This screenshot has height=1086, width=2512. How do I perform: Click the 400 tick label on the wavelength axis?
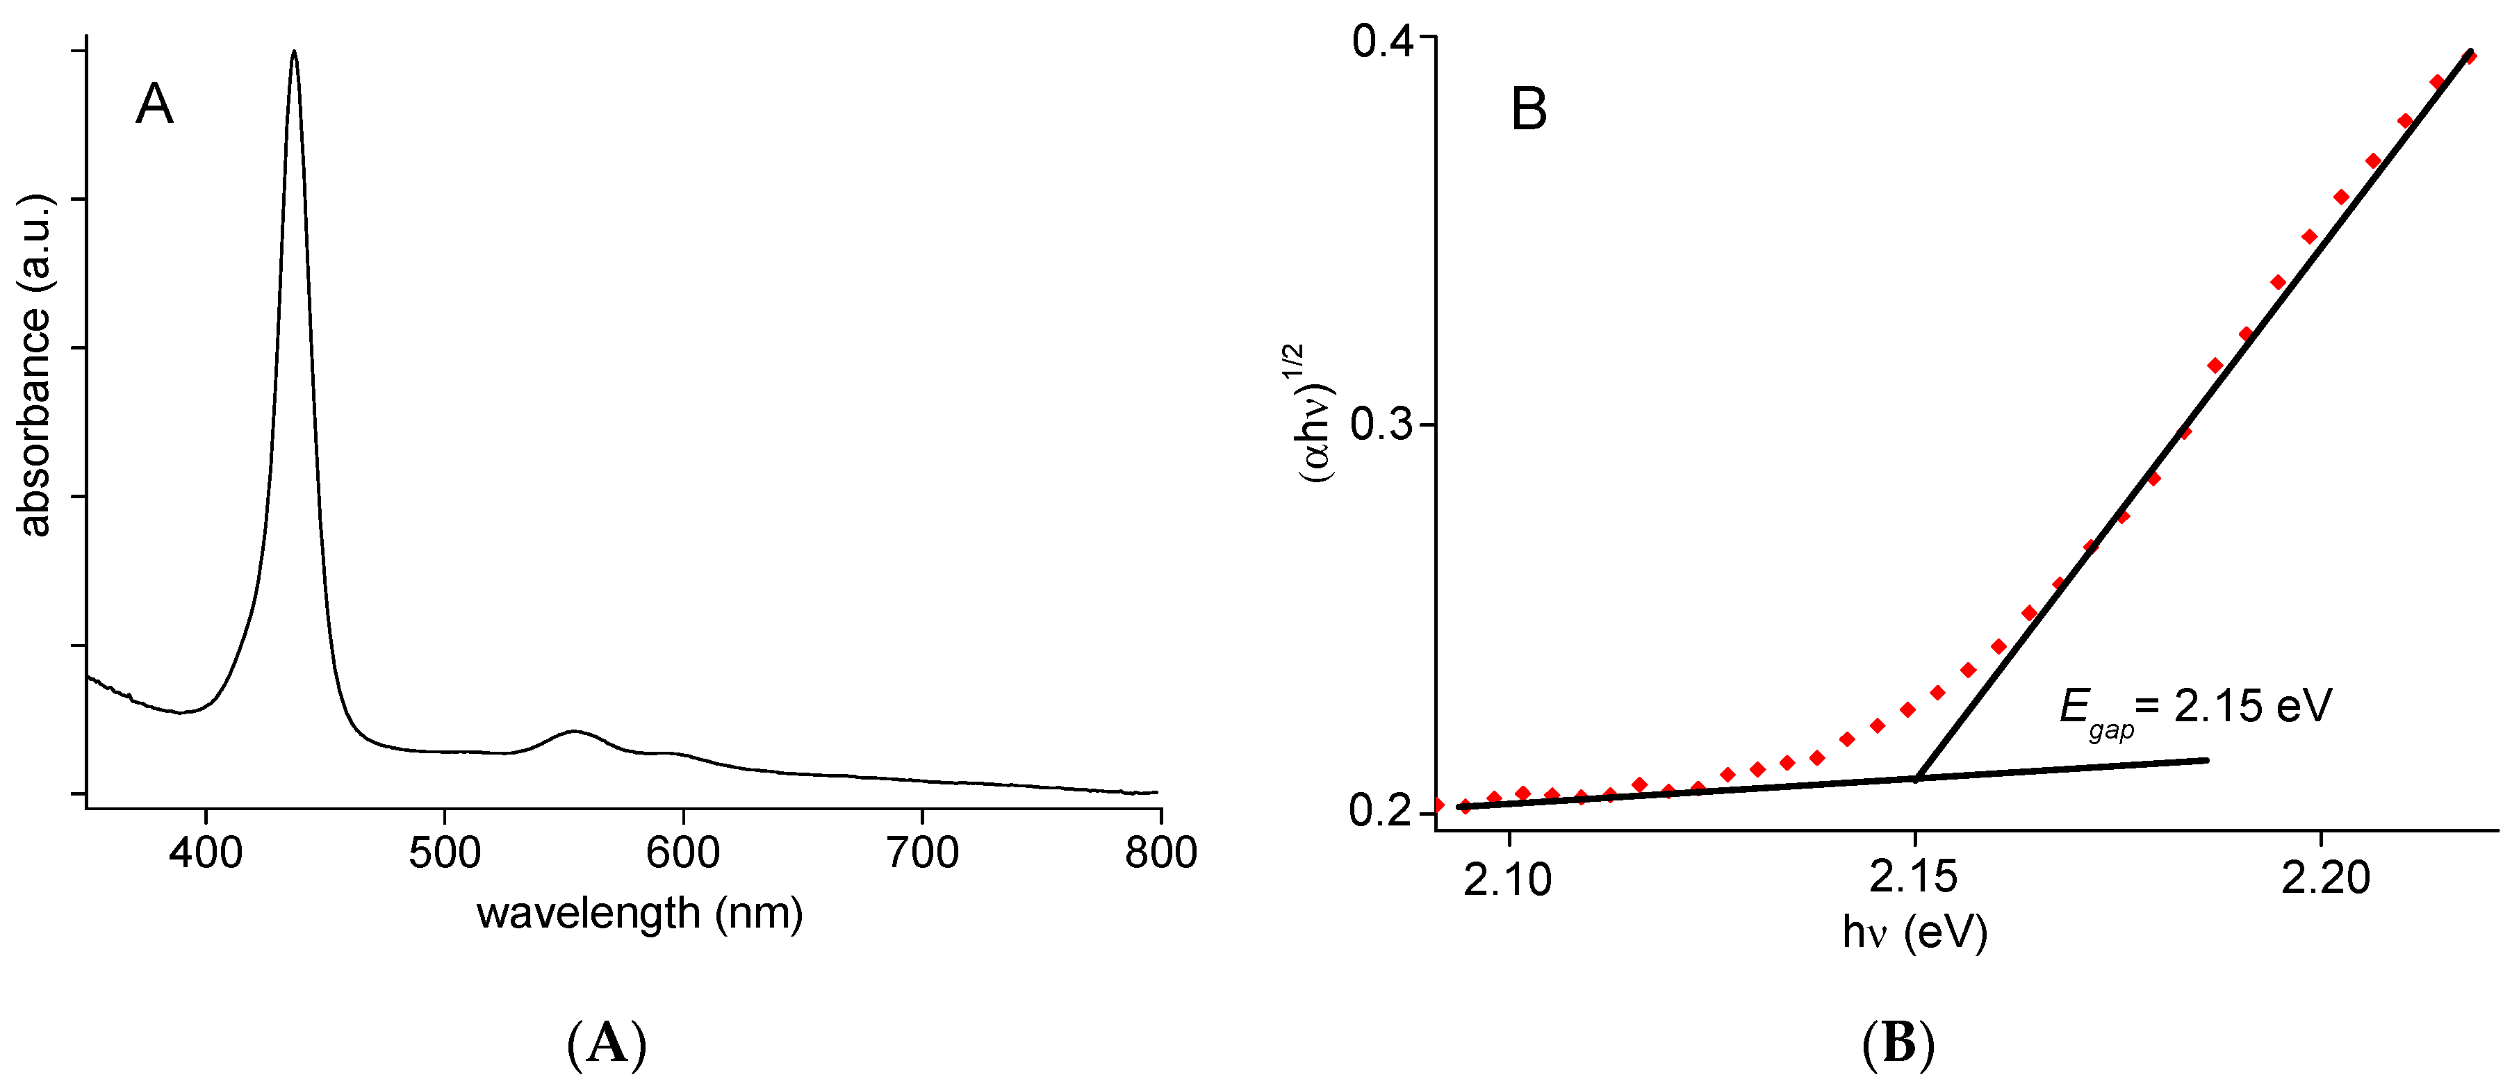pos(205,853)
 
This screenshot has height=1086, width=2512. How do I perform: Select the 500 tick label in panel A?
pos(445,853)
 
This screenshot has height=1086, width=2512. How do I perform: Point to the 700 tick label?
pos(923,853)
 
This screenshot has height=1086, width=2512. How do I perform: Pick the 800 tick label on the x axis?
pos(1160,853)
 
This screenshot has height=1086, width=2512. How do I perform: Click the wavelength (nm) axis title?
pos(640,914)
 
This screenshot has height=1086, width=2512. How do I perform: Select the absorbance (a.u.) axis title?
pos(35,365)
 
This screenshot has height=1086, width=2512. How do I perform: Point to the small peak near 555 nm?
pos(575,730)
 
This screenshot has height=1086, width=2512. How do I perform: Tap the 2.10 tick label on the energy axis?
pos(1508,880)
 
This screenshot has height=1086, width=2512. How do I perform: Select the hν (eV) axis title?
pos(1914,933)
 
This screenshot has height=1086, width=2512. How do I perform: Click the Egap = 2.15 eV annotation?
pos(2194,709)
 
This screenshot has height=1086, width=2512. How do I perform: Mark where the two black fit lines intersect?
pos(1916,778)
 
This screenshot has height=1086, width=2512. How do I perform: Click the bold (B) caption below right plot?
pos(1898,1045)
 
